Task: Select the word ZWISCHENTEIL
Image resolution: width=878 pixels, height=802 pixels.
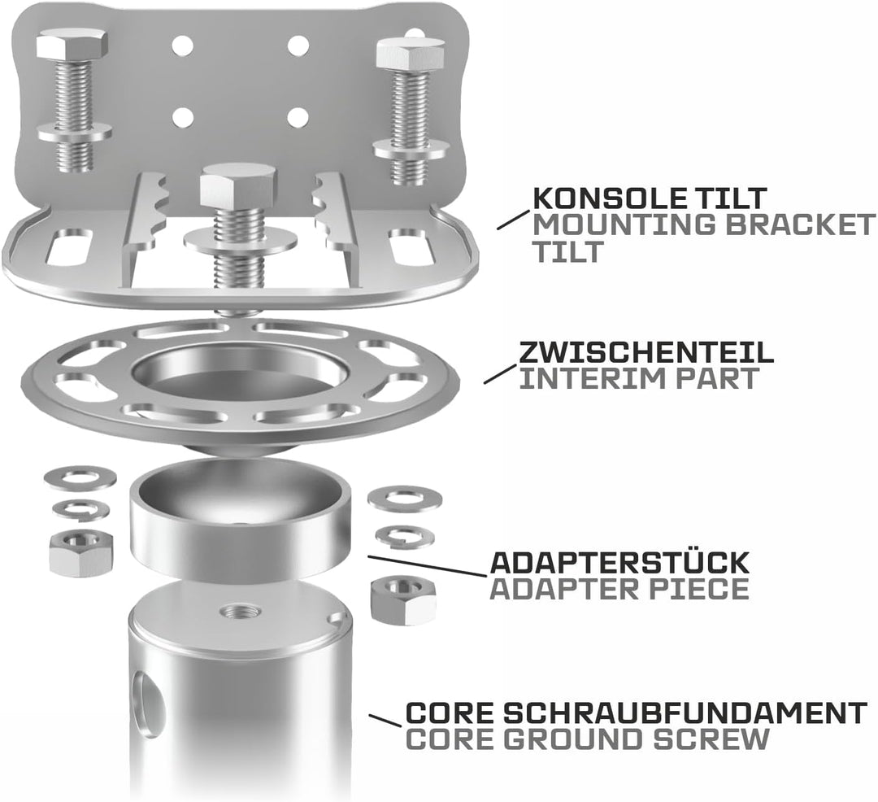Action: (646, 351)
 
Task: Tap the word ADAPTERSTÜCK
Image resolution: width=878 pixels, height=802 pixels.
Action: (619, 562)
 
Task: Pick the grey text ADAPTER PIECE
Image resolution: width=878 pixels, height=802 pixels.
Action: (619, 589)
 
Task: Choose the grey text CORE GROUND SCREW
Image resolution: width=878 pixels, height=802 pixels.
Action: (587, 740)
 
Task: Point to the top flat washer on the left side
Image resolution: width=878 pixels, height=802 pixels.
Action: (80, 477)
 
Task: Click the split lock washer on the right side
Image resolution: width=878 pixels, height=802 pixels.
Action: (404, 535)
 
